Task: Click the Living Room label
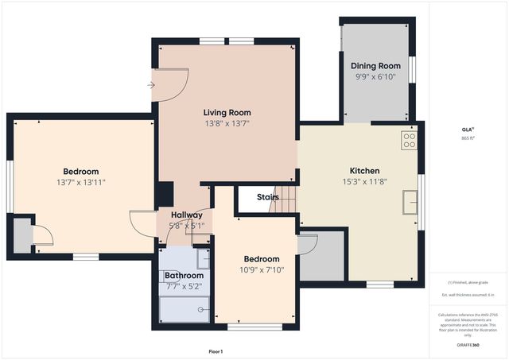pos(227,113)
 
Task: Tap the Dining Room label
pos(375,66)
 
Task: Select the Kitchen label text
pos(364,171)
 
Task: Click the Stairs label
pos(267,197)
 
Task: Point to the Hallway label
pos(186,215)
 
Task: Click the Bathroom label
pos(184,276)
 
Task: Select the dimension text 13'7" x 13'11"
pos(81,183)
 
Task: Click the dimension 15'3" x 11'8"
pos(364,182)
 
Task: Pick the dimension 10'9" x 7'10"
pos(262,270)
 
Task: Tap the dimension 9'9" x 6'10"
pos(375,77)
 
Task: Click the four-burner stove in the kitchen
pos(409,141)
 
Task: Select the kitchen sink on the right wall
pos(410,203)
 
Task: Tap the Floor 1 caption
pos(215,351)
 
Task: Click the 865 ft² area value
pos(467,138)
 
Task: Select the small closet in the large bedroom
pos(22,234)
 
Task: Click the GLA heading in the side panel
pos(467,129)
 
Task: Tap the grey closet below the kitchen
pos(321,257)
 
